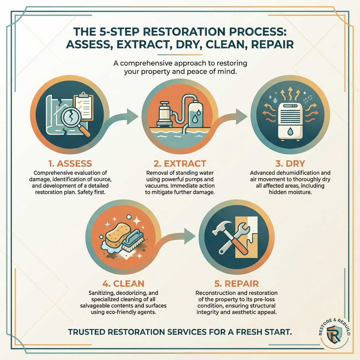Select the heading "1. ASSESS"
pyautogui.click(x=70, y=163)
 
